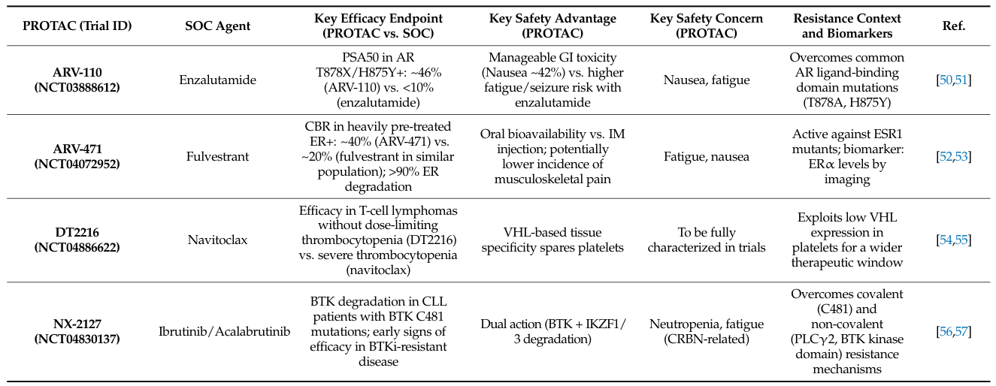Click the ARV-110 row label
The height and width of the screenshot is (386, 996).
pyautogui.click(x=77, y=72)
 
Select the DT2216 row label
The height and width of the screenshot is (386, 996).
pyautogui.click(x=77, y=233)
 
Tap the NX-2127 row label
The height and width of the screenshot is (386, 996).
pyautogui.click(x=77, y=324)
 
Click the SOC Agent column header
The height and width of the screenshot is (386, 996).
pyautogui.click(x=217, y=26)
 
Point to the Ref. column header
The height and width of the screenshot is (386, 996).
pyautogui.click(x=953, y=26)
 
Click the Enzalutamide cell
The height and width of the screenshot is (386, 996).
pyautogui.click(x=217, y=79)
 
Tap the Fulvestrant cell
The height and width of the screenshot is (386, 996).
pyautogui.click(x=217, y=156)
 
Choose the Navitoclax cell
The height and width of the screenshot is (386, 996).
pyautogui.click(x=217, y=240)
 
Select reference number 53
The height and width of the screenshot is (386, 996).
pyautogui.click(x=961, y=156)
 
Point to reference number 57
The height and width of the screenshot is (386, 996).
pyautogui.click(x=961, y=331)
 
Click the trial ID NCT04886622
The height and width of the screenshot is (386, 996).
pyautogui.click(x=77, y=246)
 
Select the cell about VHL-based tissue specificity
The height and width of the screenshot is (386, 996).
pyautogui.click(x=552, y=240)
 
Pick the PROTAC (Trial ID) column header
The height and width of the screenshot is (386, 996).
pyautogui.click(x=77, y=26)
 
